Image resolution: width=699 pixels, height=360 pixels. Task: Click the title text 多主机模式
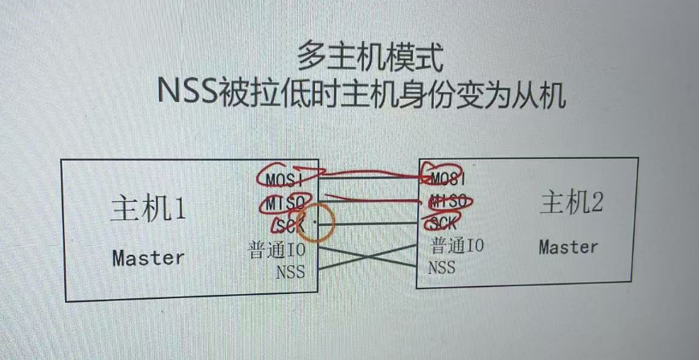[369, 57]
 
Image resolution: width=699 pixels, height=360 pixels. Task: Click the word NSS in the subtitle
[187, 93]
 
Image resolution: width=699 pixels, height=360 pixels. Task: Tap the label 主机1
[148, 210]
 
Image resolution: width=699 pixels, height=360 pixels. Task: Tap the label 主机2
[570, 203]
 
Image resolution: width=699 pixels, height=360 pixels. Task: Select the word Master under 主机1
[148, 258]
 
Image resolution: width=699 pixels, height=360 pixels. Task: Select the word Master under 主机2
[568, 247]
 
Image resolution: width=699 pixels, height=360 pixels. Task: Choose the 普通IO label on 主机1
[276, 251]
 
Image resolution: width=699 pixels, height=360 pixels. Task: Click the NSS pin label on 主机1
[290, 272]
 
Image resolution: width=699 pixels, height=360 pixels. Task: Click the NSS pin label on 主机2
[442, 267]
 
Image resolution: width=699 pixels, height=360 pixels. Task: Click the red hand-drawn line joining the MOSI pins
[370, 171]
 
